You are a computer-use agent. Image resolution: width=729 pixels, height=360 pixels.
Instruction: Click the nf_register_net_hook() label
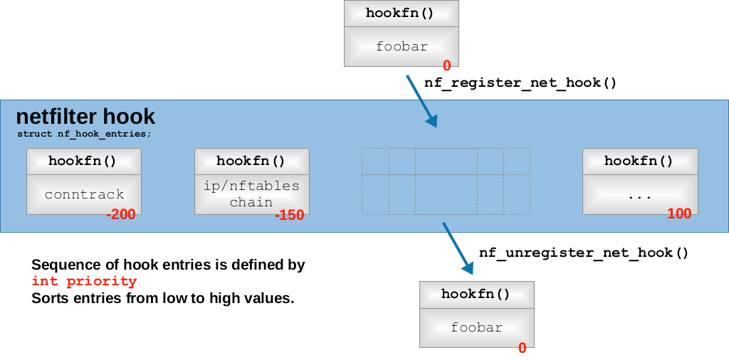tap(520, 83)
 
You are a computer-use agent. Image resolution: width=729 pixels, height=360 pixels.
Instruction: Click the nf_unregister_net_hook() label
tap(584, 253)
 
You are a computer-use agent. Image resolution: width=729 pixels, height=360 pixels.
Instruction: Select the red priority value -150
tap(290, 215)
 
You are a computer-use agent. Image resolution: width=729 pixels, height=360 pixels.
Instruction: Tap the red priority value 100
tap(679, 213)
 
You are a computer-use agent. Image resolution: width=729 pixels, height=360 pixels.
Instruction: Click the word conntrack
tap(84, 194)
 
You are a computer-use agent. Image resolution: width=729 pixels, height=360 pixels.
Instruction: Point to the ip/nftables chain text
tap(251, 194)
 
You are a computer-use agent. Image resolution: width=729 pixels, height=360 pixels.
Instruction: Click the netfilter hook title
tap(85, 116)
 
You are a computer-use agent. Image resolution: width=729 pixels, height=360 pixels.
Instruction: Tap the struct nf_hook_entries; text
tap(84, 134)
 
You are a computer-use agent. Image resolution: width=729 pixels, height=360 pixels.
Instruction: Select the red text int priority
tap(84, 282)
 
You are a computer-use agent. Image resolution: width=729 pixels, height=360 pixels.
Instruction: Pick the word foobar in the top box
tap(402, 47)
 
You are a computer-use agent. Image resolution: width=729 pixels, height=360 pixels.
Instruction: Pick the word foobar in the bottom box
tap(476, 327)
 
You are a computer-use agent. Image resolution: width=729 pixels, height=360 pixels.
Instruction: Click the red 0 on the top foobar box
tap(446, 65)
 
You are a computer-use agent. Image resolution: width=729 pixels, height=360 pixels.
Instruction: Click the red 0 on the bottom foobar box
tap(522, 348)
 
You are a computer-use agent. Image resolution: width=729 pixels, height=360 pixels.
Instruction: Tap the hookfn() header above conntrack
tap(83, 161)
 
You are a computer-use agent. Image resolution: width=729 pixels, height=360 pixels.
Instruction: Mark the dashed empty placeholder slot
tap(446, 181)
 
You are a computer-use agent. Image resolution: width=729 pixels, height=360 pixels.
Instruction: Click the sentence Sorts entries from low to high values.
tap(162, 299)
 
